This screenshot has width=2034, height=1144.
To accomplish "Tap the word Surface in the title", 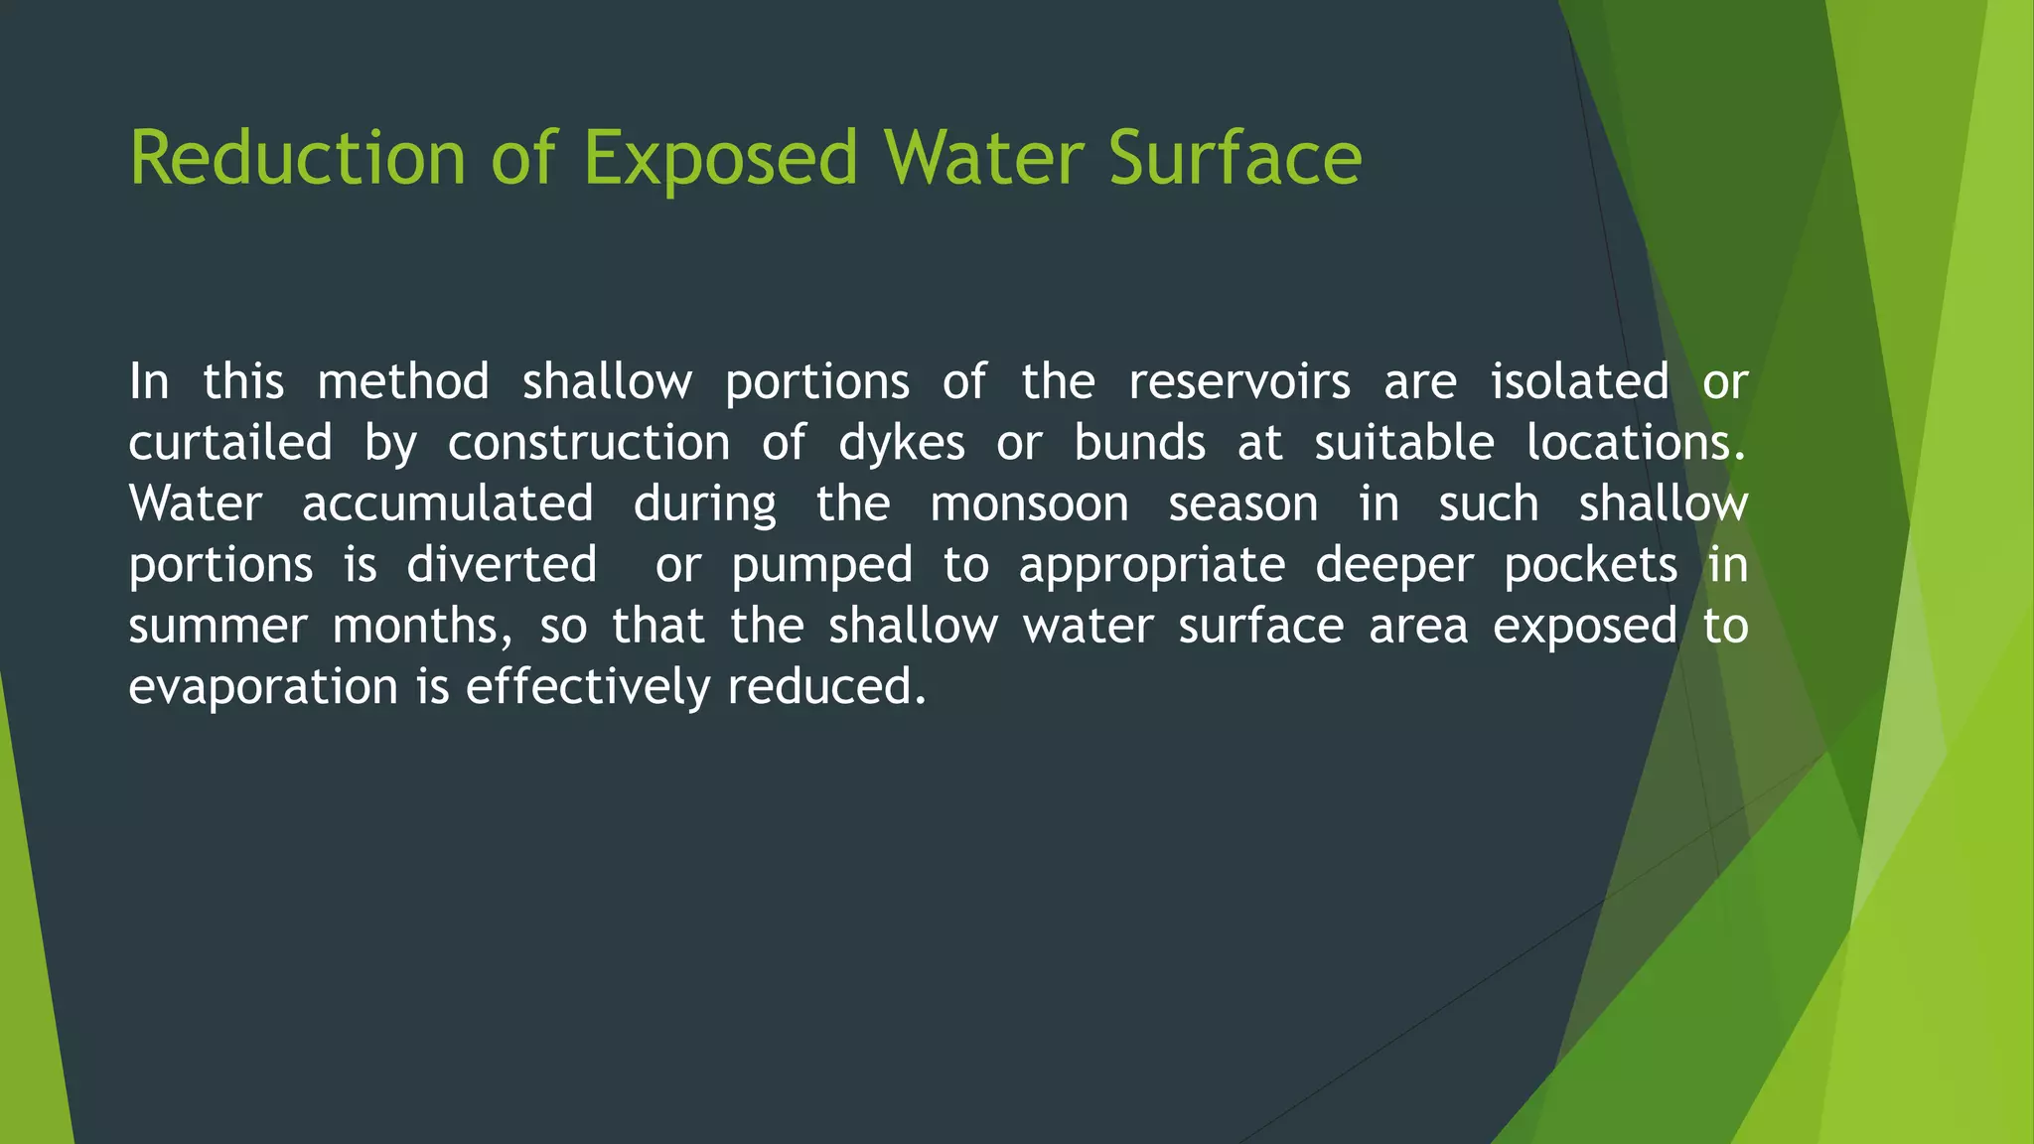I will pos(1235,159).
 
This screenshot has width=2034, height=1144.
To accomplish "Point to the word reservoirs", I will pos(1239,382).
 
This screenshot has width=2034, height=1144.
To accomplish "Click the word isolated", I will pos(1579,382).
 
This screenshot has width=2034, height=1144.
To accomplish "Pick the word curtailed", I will pos(230,443).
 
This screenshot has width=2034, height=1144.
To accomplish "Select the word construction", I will pos(589,443).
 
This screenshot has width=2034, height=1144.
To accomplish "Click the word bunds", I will pos(1139,443).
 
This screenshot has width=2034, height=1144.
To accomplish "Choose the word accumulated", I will pos(448,504).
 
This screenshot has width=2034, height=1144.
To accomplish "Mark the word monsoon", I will pos(1029,504).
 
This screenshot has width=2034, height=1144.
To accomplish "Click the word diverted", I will pos(502,565).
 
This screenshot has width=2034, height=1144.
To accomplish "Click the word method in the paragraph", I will pos(403,382).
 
